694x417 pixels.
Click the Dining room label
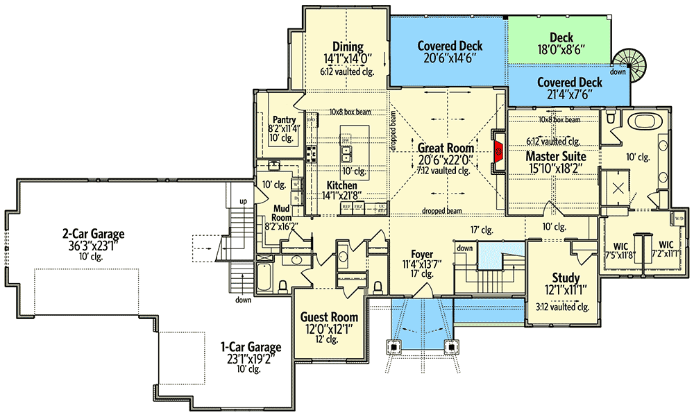(x=348, y=47)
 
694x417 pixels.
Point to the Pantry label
(x=285, y=120)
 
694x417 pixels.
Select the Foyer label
(x=421, y=253)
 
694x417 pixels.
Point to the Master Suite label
(x=555, y=156)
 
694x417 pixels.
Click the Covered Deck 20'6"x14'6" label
(x=450, y=46)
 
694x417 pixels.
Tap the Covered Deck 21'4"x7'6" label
(x=570, y=82)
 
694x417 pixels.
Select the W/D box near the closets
(x=678, y=219)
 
